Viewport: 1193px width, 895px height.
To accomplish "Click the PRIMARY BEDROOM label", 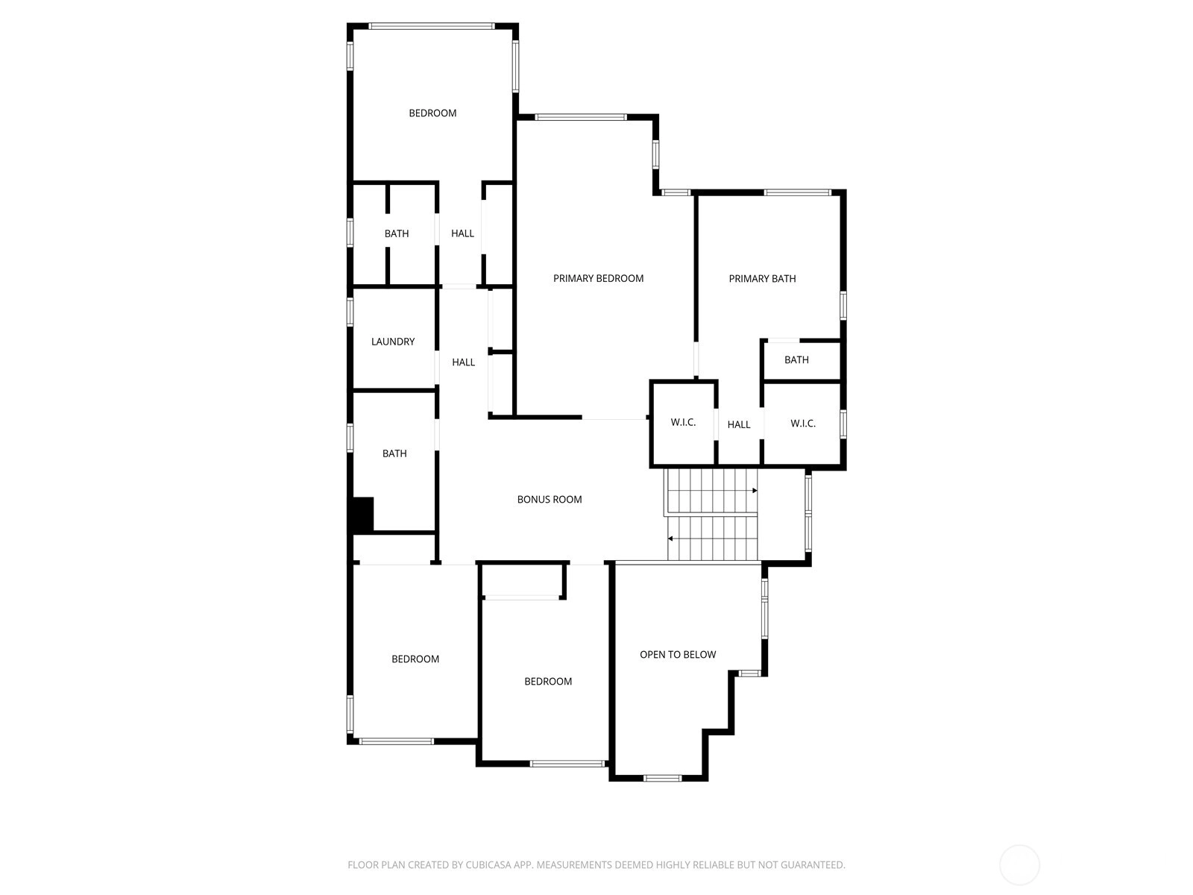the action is point(598,278).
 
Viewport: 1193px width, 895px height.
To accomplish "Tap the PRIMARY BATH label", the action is point(762,279).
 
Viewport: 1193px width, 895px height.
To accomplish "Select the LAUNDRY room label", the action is point(392,342).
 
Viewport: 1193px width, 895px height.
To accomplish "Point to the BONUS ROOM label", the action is point(549,500).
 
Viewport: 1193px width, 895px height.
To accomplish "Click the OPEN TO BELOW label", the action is point(678,655).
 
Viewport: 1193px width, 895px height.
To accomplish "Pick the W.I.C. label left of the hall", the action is point(683,422).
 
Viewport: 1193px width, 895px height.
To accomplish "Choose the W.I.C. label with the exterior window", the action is point(803,424).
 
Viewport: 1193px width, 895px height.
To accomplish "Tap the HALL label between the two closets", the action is point(739,424).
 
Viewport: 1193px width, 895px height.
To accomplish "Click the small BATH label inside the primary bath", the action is point(796,359).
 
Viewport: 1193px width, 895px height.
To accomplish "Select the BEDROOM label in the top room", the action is point(432,113).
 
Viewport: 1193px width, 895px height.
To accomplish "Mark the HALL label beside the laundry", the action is point(463,362).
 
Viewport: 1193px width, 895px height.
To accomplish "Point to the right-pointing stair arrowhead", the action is point(755,491).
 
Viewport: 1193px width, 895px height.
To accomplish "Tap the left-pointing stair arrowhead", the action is point(670,538).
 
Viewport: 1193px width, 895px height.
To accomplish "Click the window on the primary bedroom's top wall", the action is point(581,117).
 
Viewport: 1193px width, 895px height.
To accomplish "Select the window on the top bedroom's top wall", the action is point(432,26).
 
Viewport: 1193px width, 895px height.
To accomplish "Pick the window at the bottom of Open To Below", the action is point(663,778).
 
